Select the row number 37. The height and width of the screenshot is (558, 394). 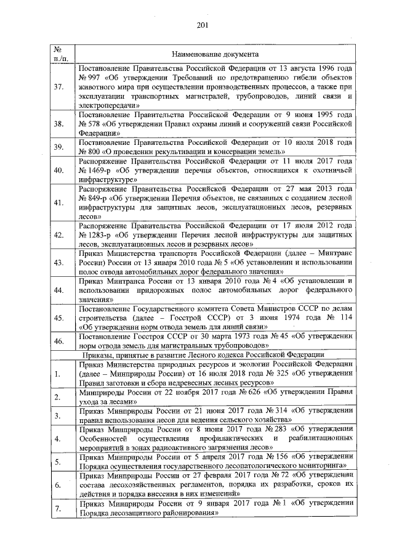coord(60,87)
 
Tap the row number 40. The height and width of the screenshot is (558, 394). coord(60,170)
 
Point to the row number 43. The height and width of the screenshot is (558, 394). coord(60,263)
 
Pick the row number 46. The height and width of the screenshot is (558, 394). coord(60,340)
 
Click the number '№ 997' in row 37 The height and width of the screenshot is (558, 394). coord(89,78)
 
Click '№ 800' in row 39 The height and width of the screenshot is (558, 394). coord(89,151)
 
